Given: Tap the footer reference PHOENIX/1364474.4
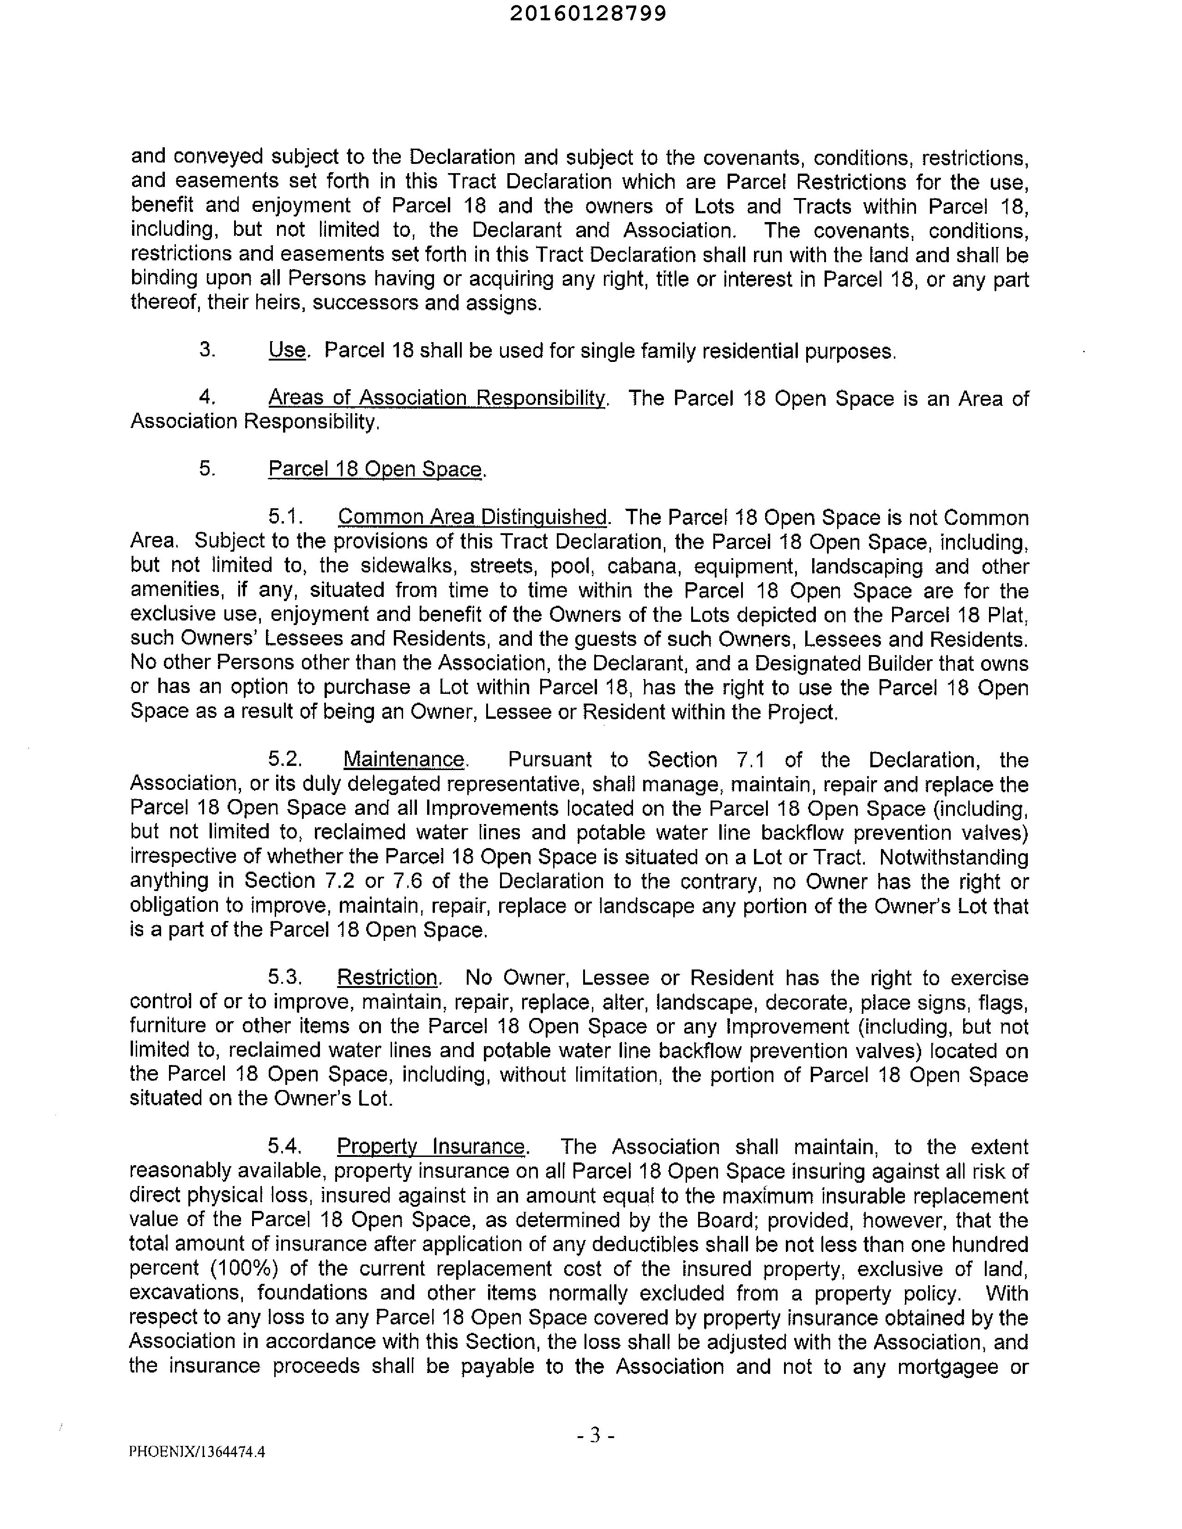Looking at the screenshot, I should click(x=197, y=1451).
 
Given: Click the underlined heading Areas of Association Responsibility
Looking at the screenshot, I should click(x=437, y=398).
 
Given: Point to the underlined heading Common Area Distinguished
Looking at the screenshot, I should click(x=472, y=518).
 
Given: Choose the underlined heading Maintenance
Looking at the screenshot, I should click(x=404, y=759).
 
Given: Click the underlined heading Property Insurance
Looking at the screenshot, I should click(x=431, y=1147).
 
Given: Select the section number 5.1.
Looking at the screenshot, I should click(x=285, y=518).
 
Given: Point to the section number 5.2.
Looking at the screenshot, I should click(x=285, y=759).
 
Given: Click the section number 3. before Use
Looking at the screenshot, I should click(x=207, y=349).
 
